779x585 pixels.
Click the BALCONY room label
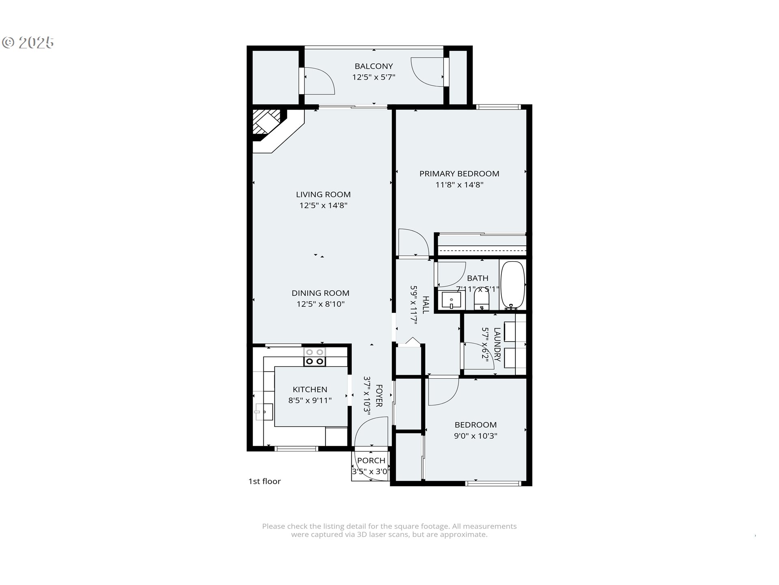[374, 66]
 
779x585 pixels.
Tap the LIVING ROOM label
[323, 195]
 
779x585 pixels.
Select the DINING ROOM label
[321, 293]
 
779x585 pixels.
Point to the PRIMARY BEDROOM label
[459, 174]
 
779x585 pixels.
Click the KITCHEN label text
[310, 390]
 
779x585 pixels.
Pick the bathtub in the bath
[513, 285]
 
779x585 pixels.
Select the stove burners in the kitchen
[315, 357]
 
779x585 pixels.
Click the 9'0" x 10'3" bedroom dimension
[476, 436]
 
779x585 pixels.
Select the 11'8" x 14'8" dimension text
[459, 185]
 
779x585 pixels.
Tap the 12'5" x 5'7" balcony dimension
[374, 77]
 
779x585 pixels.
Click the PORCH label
[371, 461]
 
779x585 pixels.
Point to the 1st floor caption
[265, 481]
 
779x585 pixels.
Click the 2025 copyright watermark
[28, 43]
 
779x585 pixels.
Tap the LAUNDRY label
[497, 345]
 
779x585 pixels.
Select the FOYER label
[379, 396]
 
